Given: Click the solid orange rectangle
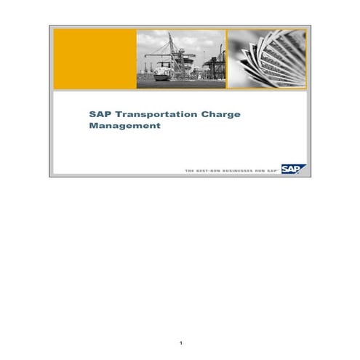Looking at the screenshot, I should point(95,60).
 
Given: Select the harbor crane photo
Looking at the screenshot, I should point(181,60).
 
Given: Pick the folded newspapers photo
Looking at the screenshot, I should point(266,60).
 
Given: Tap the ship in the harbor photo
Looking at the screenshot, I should point(162,73).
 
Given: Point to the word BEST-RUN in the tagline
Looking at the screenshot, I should point(206,170).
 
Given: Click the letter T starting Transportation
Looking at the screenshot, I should point(111,113).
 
